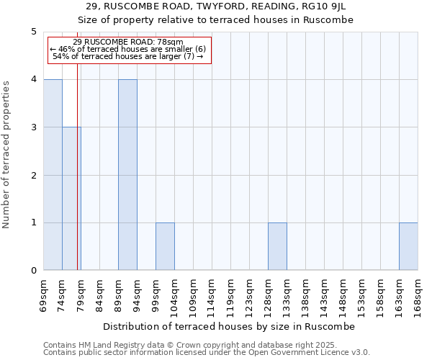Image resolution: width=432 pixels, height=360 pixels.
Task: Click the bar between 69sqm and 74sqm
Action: point(53,175)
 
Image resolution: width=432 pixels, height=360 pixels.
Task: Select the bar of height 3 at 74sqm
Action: point(71,199)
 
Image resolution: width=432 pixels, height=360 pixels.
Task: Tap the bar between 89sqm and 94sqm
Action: point(127,175)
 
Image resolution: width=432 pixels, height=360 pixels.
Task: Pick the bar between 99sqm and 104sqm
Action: point(165,246)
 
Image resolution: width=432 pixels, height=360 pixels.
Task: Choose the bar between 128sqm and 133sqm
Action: point(277,246)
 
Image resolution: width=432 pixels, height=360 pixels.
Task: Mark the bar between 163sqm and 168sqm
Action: point(408,246)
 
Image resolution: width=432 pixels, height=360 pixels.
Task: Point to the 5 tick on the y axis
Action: point(33,32)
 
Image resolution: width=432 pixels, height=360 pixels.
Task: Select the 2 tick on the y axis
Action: point(33,175)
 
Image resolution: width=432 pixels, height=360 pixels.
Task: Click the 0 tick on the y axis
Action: point(33,271)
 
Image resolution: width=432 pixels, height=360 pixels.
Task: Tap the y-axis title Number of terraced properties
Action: point(7,155)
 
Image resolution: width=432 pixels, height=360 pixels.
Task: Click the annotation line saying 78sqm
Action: point(128,42)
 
